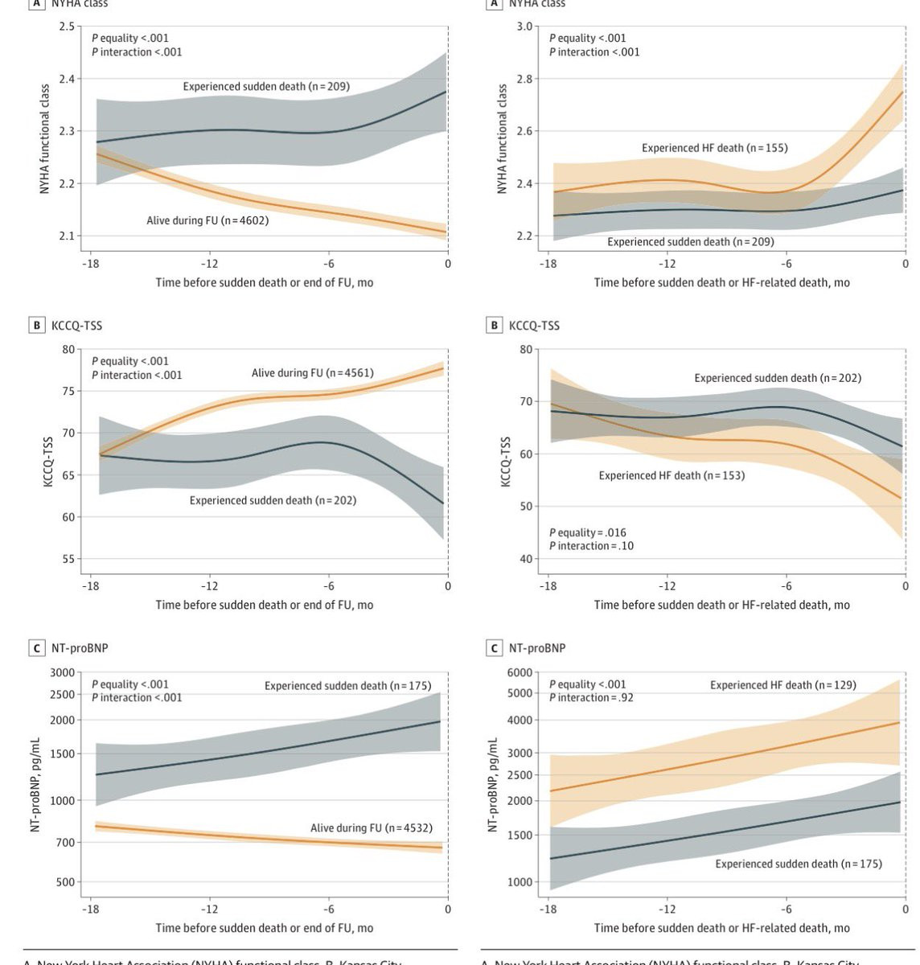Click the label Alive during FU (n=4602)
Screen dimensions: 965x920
(207, 220)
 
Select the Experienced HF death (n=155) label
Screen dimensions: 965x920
(714, 148)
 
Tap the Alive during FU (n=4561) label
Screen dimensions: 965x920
(312, 373)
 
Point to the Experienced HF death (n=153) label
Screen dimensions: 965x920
(672, 476)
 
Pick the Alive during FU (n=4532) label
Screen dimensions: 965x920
(371, 828)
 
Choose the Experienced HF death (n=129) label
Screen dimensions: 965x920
(782, 685)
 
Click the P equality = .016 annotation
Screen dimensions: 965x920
(587, 532)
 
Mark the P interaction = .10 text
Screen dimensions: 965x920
(591, 546)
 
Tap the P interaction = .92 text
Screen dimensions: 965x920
(591, 698)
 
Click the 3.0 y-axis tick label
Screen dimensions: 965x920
(524, 27)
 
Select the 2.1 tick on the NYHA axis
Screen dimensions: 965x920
(66, 236)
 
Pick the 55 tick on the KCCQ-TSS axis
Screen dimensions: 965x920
(68, 560)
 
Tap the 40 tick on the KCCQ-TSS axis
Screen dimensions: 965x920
(526, 560)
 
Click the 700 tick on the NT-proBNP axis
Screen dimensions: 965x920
(64, 843)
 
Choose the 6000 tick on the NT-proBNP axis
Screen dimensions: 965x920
(520, 673)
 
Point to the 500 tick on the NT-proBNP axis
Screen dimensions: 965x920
(64, 882)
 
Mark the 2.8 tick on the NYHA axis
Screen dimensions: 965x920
(524, 79)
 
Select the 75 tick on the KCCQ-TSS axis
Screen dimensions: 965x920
(68, 392)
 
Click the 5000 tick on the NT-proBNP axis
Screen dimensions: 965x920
(520, 693)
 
